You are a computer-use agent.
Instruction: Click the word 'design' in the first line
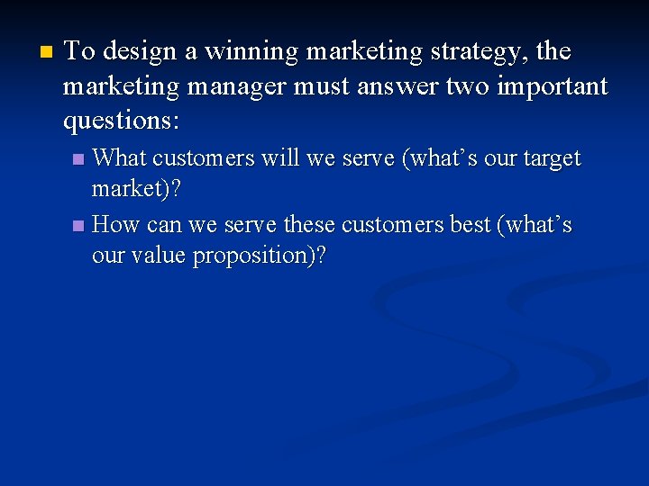(x=141, y=53)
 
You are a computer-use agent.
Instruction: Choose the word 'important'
(x=553, y=86)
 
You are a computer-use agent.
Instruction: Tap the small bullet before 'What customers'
(x=78, y=159)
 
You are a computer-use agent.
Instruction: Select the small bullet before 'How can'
(x=78, y=225)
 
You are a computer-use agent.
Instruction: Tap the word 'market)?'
(x=136, y=192)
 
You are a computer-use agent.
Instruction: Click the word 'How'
(x=115, y=224)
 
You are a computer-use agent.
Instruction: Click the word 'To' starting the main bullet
(x=79, y=52)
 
